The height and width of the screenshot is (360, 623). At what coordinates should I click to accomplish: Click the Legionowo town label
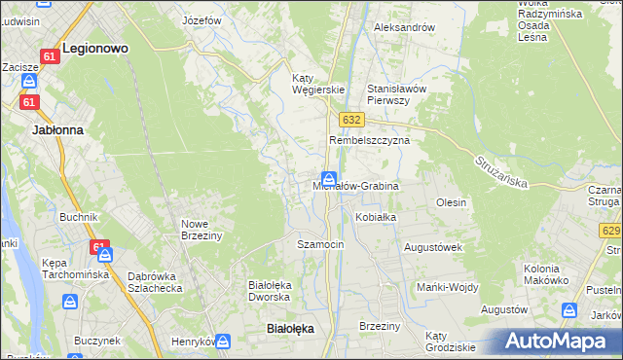click(x=95, y=47)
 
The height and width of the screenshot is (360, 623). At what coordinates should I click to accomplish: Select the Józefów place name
click(x=202, y=19)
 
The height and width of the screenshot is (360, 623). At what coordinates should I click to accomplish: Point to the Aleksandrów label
click(x=404, y=27)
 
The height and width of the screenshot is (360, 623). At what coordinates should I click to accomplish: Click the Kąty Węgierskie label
click(x=319, y=84)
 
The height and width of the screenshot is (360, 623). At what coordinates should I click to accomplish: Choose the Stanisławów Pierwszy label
click(x=396, y=93)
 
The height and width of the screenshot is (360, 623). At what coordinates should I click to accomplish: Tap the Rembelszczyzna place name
click(x=369, y=140)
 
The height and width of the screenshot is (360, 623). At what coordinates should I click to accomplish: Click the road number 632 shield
click(x=352, y=119)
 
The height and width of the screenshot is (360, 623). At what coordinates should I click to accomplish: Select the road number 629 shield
click(x=611, y=231)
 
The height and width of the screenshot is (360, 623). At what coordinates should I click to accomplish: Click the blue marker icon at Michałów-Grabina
click(x=330, y=179)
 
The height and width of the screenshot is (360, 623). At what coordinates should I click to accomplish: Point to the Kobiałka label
click(x=376, y=217)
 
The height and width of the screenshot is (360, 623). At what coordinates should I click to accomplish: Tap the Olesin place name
click(x=452, y=202)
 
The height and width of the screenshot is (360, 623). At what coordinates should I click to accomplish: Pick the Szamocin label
click(x=320, y=244)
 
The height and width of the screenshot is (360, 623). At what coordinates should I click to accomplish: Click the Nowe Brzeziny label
click(x=202, y=229)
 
